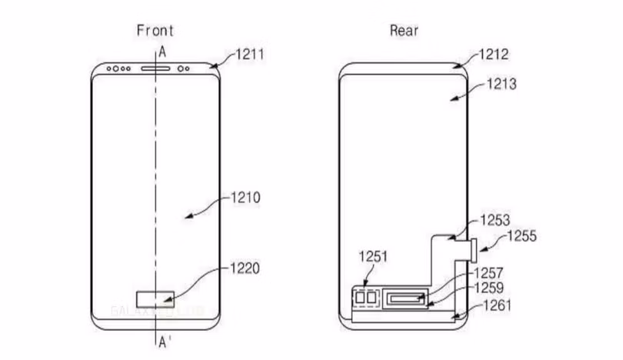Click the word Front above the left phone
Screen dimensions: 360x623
[155, 31]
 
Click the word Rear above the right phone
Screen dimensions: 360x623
[404, 31]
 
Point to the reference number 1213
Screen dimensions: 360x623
[501, 85]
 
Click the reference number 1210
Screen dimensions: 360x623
[245, 198]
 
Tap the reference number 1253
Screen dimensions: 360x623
[495, 221]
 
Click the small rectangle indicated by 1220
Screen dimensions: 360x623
[155, 298]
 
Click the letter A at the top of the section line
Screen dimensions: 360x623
[162, 52]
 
